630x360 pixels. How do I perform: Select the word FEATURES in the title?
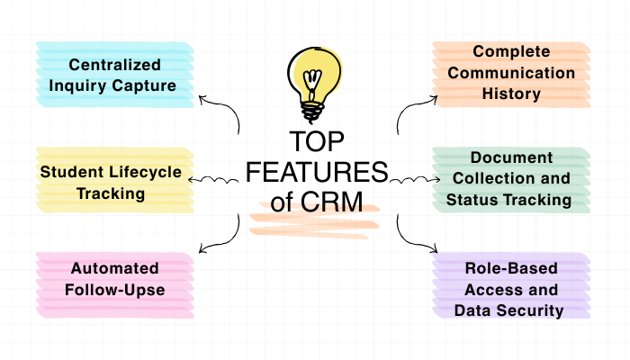(316, 172)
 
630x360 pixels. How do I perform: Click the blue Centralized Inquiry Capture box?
(114, 76)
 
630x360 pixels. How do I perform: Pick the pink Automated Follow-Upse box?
(114, 279)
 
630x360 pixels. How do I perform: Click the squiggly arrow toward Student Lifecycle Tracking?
(216, 181)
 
